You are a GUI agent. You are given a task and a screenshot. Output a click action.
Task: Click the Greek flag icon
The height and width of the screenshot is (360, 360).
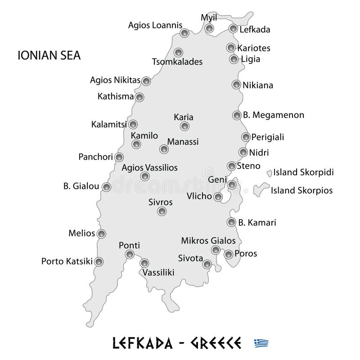pyautogui.click(x=261, y=343)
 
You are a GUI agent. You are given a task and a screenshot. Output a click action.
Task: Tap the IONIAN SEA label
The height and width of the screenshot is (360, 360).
pyautogui.click(x=49, y=56)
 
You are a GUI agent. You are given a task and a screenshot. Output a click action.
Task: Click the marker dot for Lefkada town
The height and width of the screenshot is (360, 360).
pyautogui.click(x=233, y=29)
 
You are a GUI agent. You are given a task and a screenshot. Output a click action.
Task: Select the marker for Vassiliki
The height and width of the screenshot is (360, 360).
pyautogui.click(x=144, y=263)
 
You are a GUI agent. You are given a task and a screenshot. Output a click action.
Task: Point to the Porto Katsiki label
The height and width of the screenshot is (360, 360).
pyautogui.click(x=67, y=261)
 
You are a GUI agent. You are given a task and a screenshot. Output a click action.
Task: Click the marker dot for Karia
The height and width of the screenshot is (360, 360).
pyautogui.click(x=184, y=126)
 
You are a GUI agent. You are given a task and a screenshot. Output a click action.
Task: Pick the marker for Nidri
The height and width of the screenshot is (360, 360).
pyautogui.click(x=243, y=152)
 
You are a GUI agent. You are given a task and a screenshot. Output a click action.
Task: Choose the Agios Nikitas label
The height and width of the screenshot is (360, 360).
pyautogui.click(x=115, y=81)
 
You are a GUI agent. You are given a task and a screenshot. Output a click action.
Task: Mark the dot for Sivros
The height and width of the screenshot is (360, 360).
pyautogui.click(x=162, y=211)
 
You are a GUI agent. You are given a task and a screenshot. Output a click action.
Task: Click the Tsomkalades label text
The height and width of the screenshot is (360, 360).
pyautogui.click(x=177, y=62)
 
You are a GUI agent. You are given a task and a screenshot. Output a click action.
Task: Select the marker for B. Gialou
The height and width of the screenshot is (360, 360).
pyautogui.click(x=106, y=187)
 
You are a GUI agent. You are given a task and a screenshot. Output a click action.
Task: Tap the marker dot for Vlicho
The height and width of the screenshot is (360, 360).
pyautogui.click(x=218, y=197)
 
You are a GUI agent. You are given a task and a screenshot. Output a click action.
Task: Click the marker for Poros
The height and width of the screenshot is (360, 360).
pyautogui.click(x=229, y=254)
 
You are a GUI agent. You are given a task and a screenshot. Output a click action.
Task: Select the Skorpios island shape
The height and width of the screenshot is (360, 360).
pyautogui.click(x=259, y=190)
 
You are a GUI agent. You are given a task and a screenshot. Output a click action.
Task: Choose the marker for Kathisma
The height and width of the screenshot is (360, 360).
pyautogui.click(x=139, y=97)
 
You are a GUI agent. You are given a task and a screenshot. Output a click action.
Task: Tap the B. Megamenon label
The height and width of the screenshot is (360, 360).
pyautogui.click(x=274, y=115)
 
